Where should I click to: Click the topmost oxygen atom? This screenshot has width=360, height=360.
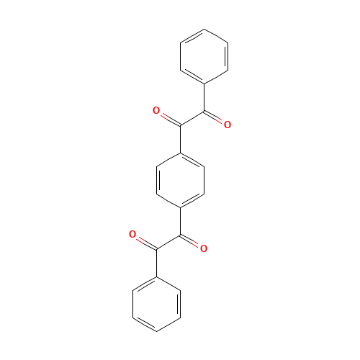(156, 110)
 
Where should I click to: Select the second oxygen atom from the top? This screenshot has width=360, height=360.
(228, 125)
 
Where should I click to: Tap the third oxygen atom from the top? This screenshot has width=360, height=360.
(132, 234)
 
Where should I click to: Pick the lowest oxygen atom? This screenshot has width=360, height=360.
(204, 248)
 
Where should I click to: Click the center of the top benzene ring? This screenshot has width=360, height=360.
(204, 57)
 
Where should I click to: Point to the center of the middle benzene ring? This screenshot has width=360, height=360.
(180, 180)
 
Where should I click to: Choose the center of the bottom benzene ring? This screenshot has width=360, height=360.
(156, 303)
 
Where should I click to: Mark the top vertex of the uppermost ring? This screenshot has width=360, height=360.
(204, 30)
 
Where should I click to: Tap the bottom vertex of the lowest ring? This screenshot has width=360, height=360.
(156, 330)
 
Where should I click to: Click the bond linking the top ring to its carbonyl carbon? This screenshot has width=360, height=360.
(204, 98)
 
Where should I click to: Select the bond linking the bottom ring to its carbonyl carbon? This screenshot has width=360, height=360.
(156, 262)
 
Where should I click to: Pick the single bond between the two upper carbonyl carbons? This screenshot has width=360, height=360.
(192, 118)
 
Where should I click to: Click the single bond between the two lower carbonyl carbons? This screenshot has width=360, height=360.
(168, 242)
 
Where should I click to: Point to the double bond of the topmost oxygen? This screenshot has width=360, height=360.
(168, 118)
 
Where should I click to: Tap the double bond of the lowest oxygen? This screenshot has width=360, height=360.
(192, 242)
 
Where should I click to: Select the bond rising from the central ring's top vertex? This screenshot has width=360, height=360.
(180, 139)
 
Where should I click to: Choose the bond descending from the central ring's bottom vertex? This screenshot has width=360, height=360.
(180, 221)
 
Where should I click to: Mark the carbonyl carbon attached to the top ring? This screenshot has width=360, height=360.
(204, 112)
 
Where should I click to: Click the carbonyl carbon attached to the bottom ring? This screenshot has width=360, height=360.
(156, 248)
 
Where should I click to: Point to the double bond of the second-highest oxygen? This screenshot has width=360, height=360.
(216, 118)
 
